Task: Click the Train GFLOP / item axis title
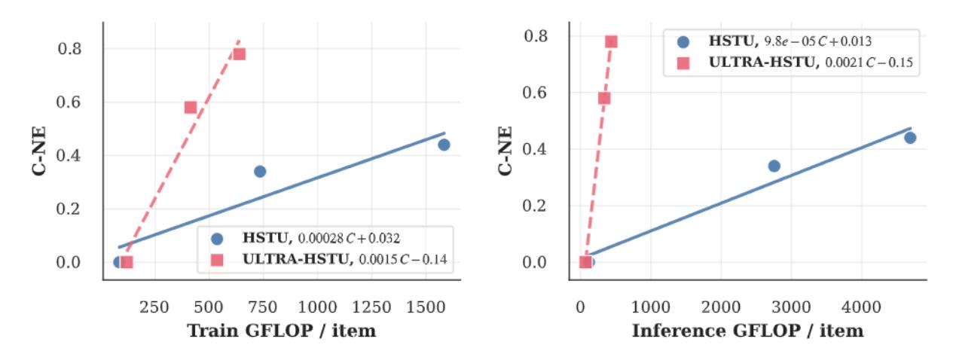281,331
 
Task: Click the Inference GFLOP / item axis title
747,331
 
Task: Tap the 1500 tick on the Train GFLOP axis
426,307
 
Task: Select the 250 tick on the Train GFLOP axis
154,307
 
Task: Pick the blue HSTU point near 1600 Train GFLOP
444,145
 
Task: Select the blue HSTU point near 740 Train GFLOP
260,172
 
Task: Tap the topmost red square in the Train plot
240,54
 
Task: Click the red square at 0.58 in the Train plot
191,107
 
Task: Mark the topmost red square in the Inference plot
611,41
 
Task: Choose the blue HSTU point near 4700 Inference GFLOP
910,138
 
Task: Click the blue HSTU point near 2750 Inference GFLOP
774,166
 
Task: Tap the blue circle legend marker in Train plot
218,239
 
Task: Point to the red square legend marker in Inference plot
683,63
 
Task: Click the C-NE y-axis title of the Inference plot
506,151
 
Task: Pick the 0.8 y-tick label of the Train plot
69,49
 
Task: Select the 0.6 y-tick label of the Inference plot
535,93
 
